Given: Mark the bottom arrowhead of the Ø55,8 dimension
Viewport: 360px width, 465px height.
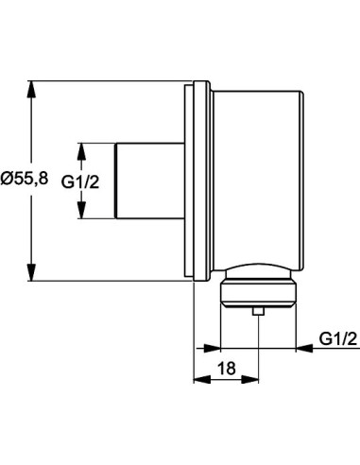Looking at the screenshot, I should tap(34, 273).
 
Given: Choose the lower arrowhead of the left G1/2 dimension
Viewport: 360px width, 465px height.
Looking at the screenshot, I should tap(82, 214).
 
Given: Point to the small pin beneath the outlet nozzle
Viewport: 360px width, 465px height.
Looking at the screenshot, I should tap(257, 311).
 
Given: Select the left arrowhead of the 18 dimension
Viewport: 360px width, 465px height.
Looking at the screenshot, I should tap(199, 379).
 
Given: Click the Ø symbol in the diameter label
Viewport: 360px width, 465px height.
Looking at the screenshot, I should tap(6, 177).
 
